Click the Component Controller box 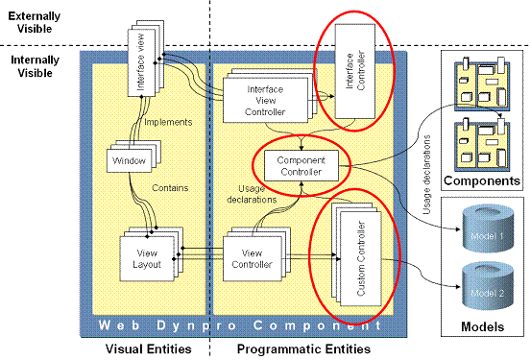click(298, 165)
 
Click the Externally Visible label click(35, 22)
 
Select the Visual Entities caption click(145, 348)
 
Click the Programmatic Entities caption click(302, 348)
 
